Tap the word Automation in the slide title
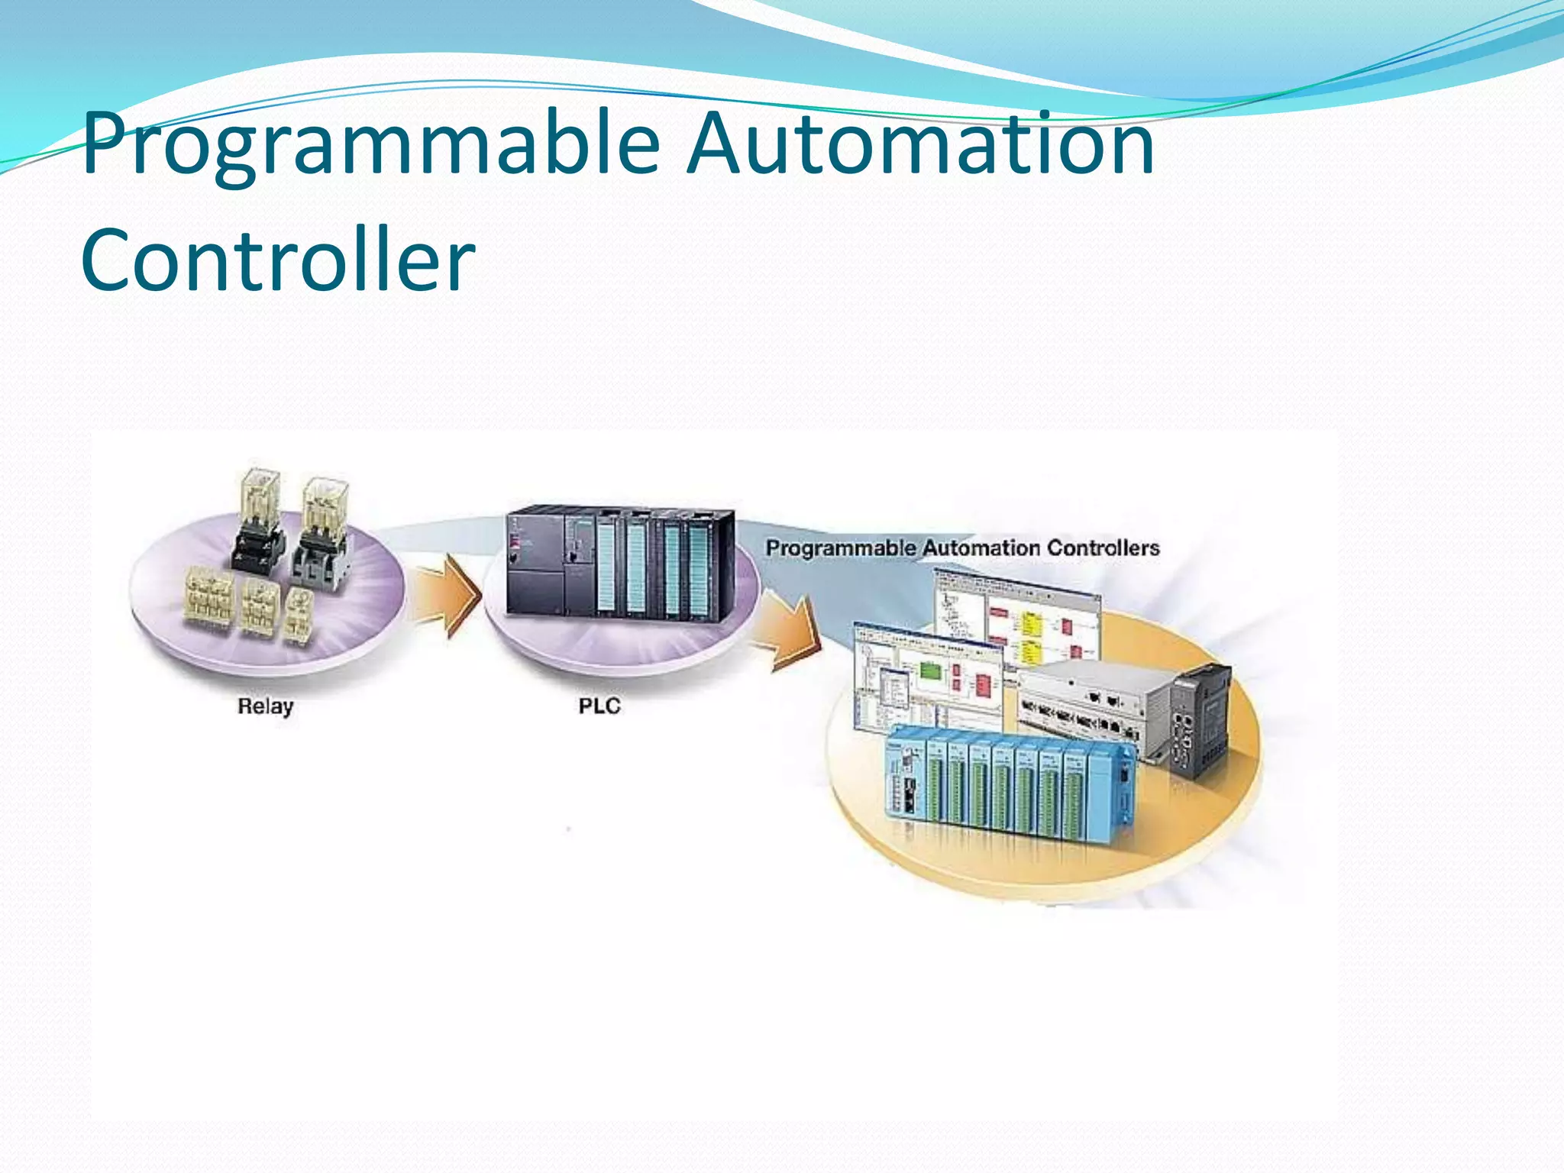919,144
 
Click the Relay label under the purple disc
265,706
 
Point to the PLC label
599,706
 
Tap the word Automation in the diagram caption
981,548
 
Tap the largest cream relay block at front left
208,603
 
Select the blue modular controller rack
1008,787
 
